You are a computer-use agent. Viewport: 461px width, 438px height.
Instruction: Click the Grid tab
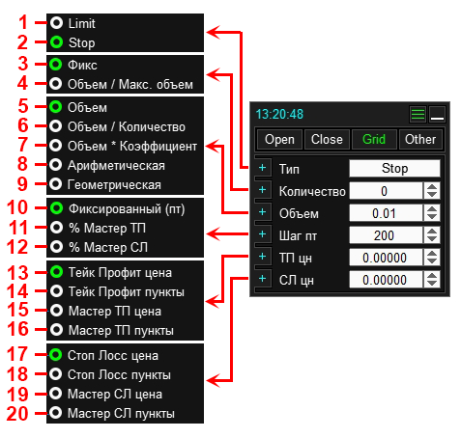click(x=374, y=140)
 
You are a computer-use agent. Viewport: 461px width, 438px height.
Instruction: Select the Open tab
click(x=279, y=140)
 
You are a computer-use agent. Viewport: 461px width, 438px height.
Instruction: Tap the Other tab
click(x=420, y=140)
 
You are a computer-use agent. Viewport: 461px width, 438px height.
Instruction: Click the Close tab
click(x=327, y=140)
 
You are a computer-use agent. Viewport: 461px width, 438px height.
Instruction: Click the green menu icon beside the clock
click(x=418, y=114)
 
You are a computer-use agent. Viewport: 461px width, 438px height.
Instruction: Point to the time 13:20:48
click(x=279, y=114)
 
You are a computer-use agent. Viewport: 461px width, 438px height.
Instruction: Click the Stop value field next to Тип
click(x=394, y=168)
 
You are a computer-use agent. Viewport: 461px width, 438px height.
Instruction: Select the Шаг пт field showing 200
click(x=386, y=235)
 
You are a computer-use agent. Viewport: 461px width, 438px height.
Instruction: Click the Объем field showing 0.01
click(x=386, y=213)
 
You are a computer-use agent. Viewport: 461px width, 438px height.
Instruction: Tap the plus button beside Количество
click(x=263, y=190)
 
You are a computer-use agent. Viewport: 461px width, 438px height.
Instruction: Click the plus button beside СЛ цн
click(x=263, y=279)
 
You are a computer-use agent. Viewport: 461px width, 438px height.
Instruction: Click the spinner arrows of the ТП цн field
click(x=432, y=258)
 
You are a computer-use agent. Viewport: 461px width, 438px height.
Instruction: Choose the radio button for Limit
click(x=56, y=23)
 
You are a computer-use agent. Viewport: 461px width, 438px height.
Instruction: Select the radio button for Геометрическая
click(x=56, y=184)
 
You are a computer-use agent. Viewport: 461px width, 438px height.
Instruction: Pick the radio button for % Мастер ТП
click(x=57, y=228)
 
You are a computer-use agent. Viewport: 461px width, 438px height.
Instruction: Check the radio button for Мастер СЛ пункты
click(x=56, y=413)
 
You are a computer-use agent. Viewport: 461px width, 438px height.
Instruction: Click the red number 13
click(x=17, y=273)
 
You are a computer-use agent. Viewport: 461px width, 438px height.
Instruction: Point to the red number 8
click(x=22, y=164)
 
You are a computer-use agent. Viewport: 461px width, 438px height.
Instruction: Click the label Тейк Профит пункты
click(x=127, y=292)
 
